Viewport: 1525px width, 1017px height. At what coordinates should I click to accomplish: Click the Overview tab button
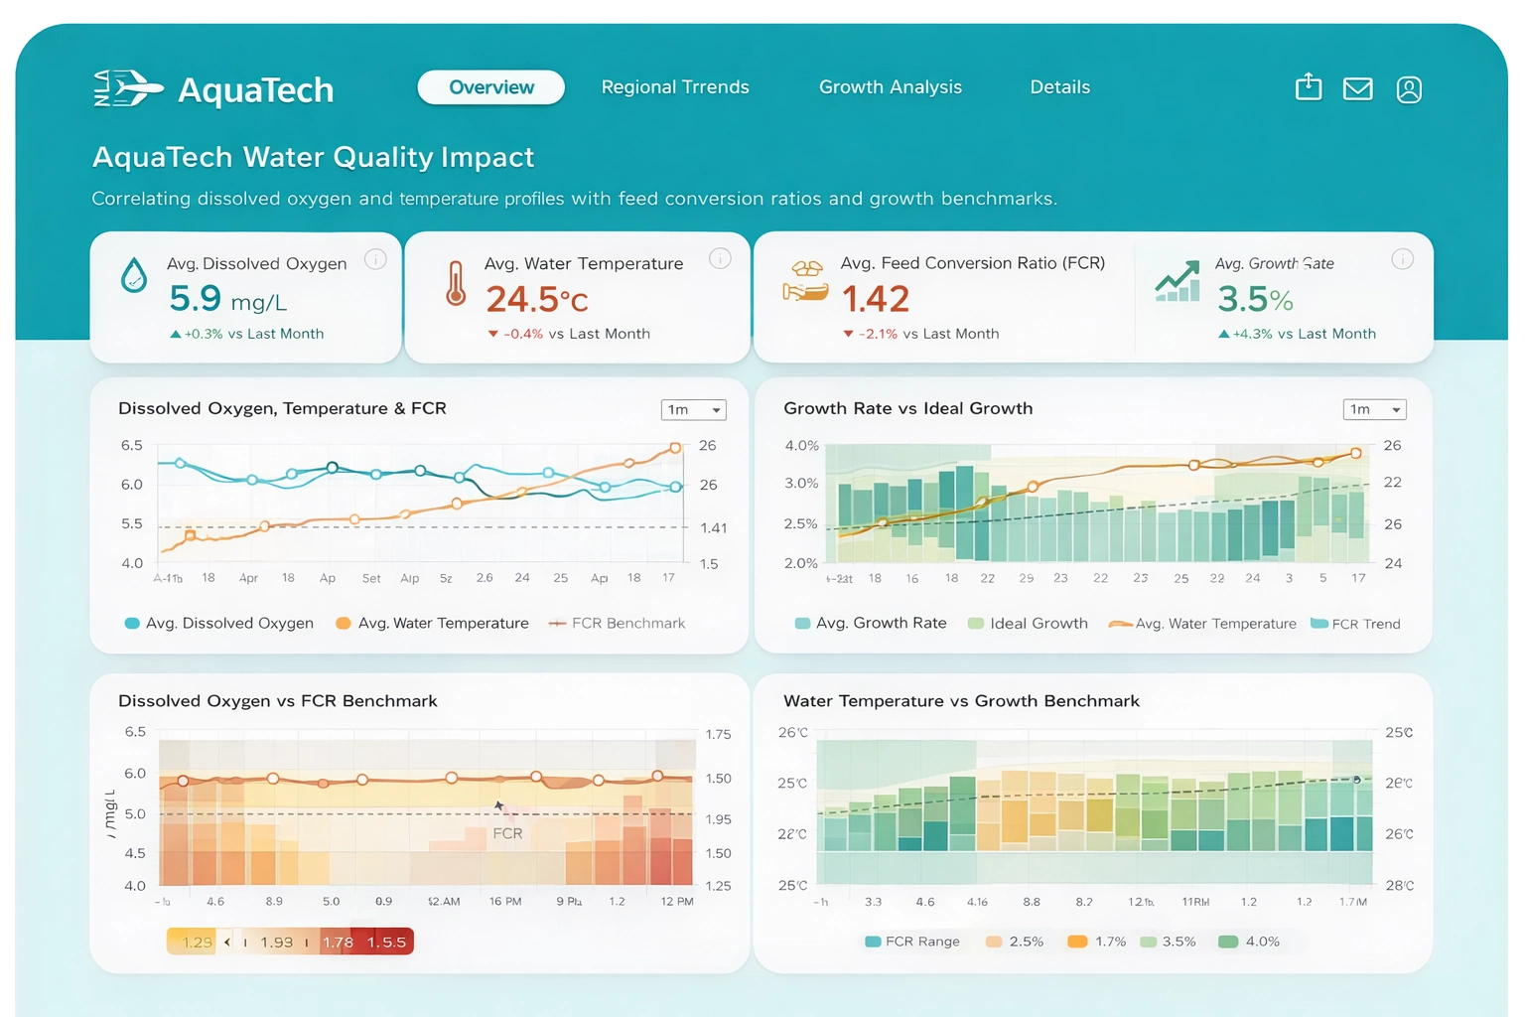pyautogui.click(x=490, y=87)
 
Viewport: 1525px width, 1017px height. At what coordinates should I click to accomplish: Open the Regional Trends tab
pyautogui.click(x=675, y=87)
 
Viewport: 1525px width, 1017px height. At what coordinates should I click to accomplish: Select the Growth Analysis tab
pyautogui.click(x=890, y=87)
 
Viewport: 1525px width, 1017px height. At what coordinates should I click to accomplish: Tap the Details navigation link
pyautogui.click(x=1059, y=87)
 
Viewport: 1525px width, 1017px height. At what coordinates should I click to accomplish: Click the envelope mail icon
pyautogui.click(x=1357, y=89)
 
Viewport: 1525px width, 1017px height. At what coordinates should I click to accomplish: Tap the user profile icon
pyautogui.click(x=1408, y=89)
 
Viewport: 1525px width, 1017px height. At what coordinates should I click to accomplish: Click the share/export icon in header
pyautogui.click(x=1309, y=87)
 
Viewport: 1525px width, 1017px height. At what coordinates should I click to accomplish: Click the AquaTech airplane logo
pyautogui.click(x=128, y=89)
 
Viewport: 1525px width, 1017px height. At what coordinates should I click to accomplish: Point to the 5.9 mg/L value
pyautogui.click(x=227, y=298)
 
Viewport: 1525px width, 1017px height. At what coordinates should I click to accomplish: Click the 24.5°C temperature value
pyautogui.click(x=536, y=299)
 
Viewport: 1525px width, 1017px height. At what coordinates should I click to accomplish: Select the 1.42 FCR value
pyautogui.click(x=875, y=299)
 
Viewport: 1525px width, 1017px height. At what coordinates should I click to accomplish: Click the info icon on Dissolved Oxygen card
pyautogui.click(x=375, y=259)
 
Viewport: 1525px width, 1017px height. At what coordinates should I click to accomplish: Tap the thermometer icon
pyautogui.click(x=456, y=283)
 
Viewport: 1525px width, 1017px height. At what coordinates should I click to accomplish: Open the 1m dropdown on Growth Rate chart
pyautogui.click(x=1374, y=409)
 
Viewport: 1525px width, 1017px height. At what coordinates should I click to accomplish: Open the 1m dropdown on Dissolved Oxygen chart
pyautogui.click(x=693, y=409)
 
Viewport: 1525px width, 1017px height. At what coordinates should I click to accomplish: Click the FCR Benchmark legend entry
pyautogui.click(x=618, y=624)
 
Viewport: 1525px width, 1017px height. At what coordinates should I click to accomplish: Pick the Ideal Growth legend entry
pyautogui.click(x=1029, y=624)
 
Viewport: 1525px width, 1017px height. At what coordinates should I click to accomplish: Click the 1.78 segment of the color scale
pyautogui.click(x=338, y=942)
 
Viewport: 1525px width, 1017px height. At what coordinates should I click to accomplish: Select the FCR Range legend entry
pyautogui.click(x=912, y=942)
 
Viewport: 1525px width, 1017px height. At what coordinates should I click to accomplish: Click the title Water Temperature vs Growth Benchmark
pyautogui.click(x=961, y=701)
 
